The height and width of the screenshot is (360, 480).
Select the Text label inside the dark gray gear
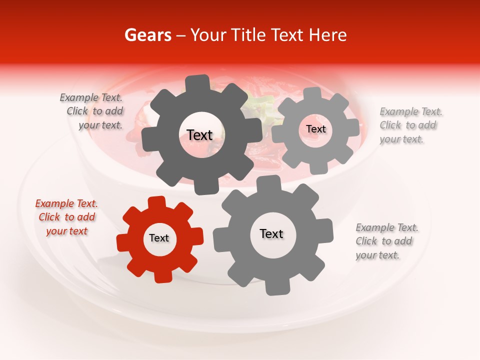click(x=199, y=135)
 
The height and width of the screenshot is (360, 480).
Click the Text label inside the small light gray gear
click(x=315, y=129)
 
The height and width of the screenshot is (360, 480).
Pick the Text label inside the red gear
click(x=159, y=238)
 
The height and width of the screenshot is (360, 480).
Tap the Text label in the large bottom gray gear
click(x=271, y=234)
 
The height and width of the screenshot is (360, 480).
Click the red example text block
click(x=66, y=217)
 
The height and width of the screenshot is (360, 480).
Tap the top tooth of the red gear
click(x=156, y=202)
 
